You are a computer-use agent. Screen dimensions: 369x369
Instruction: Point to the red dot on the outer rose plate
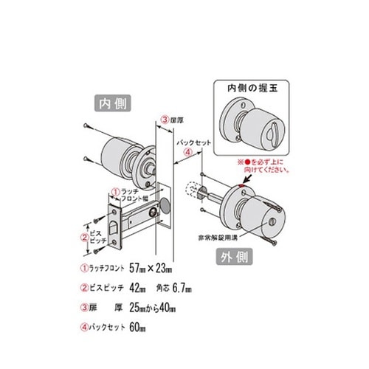tap(242, 184)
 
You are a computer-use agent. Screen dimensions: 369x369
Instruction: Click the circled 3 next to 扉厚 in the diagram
tap(163, 120)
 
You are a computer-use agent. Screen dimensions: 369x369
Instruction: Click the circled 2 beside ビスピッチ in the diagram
tap(83, 237)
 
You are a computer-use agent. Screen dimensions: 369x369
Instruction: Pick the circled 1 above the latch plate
tap(114, 190)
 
